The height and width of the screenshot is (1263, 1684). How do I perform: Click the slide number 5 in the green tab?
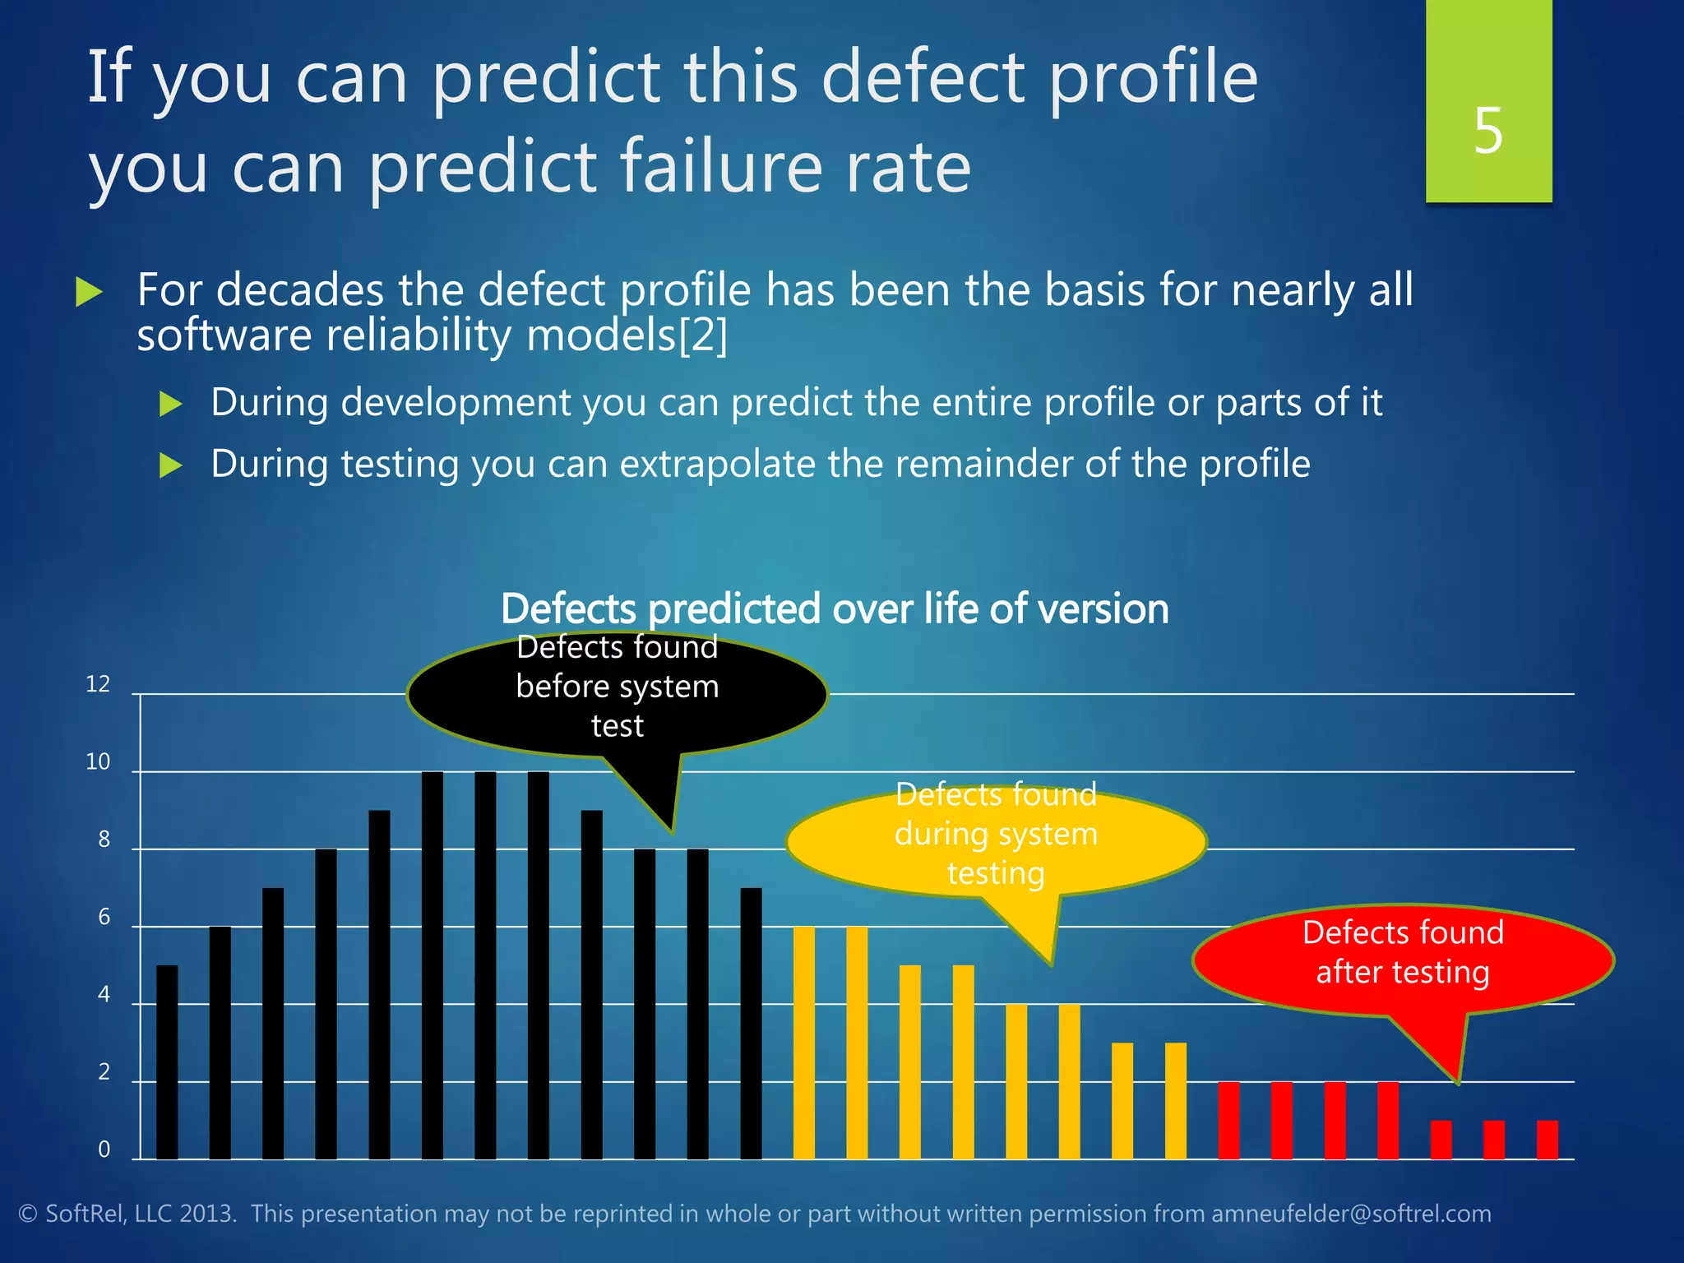click(1487, 131)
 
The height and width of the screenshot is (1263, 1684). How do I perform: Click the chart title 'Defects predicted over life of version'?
click(835, 609)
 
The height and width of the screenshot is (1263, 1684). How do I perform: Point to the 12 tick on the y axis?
click(98, 684)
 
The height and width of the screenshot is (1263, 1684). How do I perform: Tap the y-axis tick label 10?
click(98, 762)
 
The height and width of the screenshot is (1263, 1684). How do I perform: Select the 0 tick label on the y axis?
click(104, 1150)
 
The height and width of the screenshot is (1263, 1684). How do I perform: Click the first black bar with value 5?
click(167, 1062)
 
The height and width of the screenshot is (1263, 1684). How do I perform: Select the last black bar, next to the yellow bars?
click(751, 1024)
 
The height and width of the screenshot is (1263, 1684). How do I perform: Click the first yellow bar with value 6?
click(803, 1043)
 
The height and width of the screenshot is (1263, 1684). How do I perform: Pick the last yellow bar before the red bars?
click(1175, 1101)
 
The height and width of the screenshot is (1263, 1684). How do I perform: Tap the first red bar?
click(1228, 1120)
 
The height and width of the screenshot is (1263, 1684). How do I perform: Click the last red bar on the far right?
click(1547, 1140)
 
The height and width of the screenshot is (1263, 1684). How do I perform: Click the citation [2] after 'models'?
click(704, 336)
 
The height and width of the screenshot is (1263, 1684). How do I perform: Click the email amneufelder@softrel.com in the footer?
click(1351, 1214)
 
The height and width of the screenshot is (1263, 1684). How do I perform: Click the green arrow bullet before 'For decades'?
click(89, 292)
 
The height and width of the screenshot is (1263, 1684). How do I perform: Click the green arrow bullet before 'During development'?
click(170, 404)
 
